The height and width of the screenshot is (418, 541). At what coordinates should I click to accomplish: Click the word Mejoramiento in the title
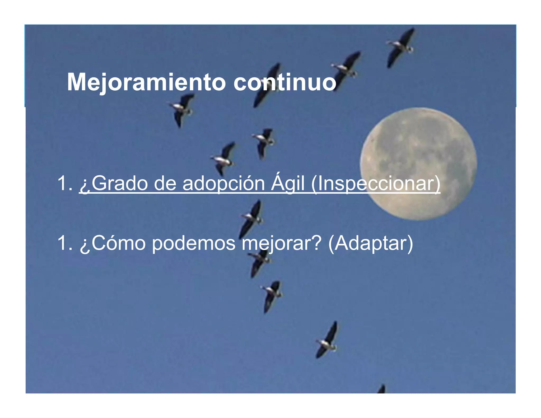[146, 82]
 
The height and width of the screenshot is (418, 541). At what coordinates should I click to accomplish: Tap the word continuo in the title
[285, 82]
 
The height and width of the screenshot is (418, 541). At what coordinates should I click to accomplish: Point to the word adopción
[223, 184]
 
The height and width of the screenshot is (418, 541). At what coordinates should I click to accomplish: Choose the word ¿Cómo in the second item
[113, 243]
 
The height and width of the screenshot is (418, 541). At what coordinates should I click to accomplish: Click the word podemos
[194, 243]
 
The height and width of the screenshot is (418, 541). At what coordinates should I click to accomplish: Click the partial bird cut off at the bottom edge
[381, 389]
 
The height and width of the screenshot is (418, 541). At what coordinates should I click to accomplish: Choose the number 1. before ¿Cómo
[65, 243]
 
